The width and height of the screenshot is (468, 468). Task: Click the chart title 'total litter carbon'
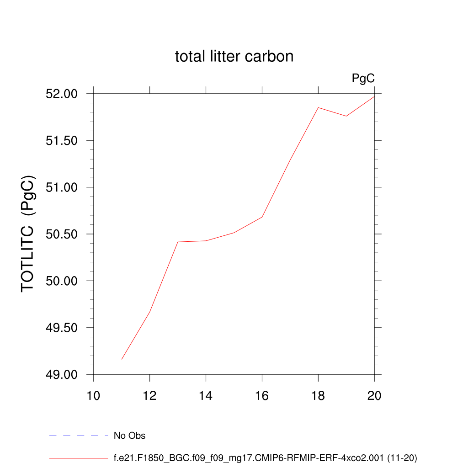pos(234,57)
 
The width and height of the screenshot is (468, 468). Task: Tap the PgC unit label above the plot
pos(363,79)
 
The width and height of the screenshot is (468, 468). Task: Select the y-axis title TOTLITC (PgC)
pos(28,233)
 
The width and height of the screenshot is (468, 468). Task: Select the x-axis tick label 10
pos(94,395)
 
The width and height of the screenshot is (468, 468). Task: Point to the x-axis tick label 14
pos(206,395)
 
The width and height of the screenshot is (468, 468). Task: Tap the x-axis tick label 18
pos(318,395)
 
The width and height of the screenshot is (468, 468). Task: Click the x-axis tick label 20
pos(374,395)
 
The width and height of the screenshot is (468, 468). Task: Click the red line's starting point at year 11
pos(122,360)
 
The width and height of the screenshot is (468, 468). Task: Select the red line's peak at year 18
pos(318,107)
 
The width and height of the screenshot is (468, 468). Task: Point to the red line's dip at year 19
pos(346,116)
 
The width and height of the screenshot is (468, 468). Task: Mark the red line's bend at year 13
pos(178,242)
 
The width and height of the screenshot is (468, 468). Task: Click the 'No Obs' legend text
pos(129,436)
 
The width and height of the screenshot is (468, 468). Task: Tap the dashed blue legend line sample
pos(78,436)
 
